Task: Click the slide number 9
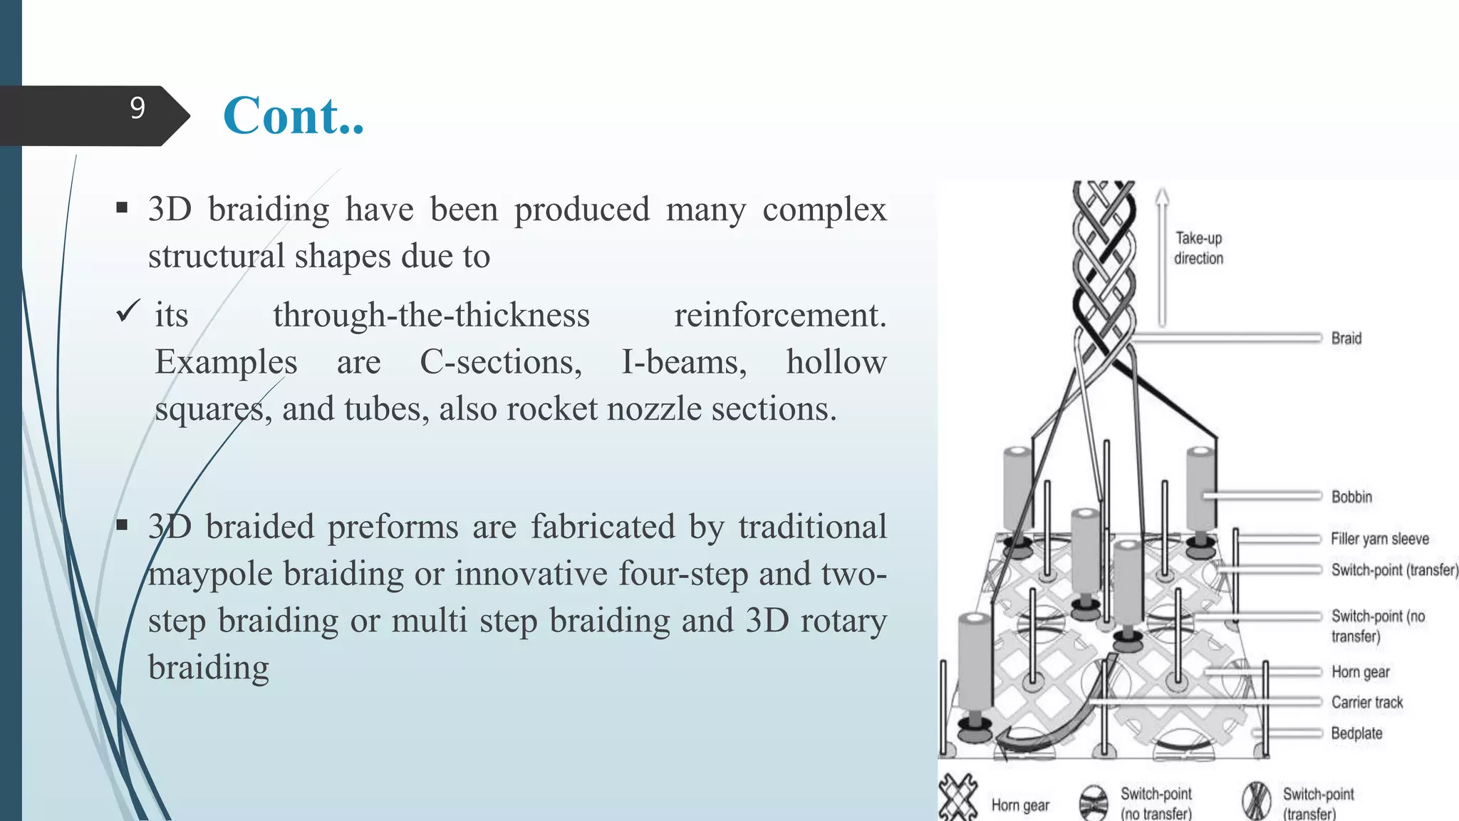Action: click(x=137, y=108)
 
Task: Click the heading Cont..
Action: click(x=294, y=115)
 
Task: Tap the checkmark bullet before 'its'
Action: click(x=128, y=311)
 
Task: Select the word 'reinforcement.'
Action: click(x=780, y=315)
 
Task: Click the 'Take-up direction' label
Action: click(x=1199, y=248)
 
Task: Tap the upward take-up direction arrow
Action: click(x=1162, y=257)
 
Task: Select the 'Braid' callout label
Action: click(x=1346, y=339)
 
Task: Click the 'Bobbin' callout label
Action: click(x=1351, y=497)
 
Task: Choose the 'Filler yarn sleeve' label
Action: click(x=1379, y=539)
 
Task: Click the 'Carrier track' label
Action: click(x=1366, y=703)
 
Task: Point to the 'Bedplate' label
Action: click(x=1356, y=733)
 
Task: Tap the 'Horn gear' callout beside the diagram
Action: click(x=1360, y=672)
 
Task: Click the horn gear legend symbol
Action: click(x=957, y=799)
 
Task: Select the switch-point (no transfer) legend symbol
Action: click(x=1094, y=802)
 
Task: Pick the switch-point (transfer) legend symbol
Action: click(x=1256, y=800)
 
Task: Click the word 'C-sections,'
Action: click(x=500, y=362)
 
